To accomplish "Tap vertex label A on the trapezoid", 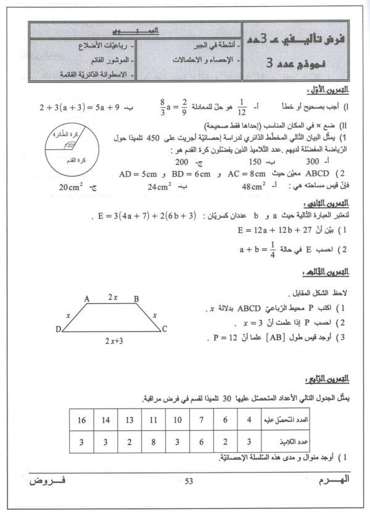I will point(88,298).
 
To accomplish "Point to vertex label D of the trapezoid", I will point(58,329).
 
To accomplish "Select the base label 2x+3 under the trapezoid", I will point(113,340).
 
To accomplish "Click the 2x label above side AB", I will point(113,296).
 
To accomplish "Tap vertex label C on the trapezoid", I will point(165,330).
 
